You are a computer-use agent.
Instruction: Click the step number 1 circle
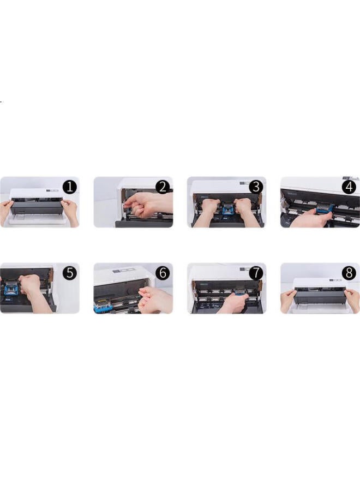tap(69, 187)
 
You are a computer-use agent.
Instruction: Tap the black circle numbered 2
tap(163, 187)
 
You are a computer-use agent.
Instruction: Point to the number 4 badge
tap(350, 187)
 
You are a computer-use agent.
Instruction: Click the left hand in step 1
tap(5, 210)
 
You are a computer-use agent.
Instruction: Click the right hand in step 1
tap(71, 210)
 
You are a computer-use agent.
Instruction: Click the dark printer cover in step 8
tap(320, 297)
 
